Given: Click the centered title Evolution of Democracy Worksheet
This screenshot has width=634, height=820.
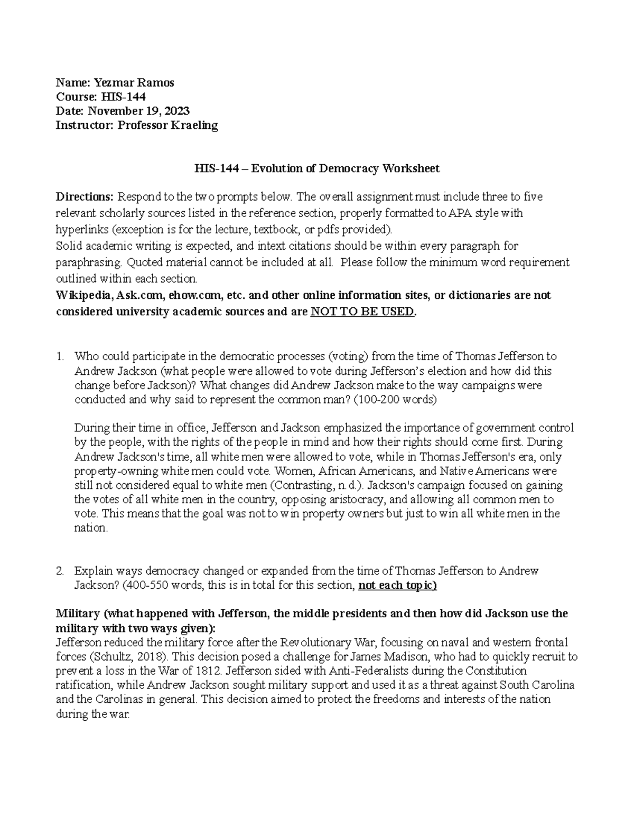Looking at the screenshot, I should click(x=345, y=168).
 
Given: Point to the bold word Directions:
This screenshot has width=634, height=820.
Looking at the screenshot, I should click(x=85, y=197).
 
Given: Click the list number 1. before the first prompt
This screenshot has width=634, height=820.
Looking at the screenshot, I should click(x=60, y=356).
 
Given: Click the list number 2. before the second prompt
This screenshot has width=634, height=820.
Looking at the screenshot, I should click(x=60, y=571).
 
